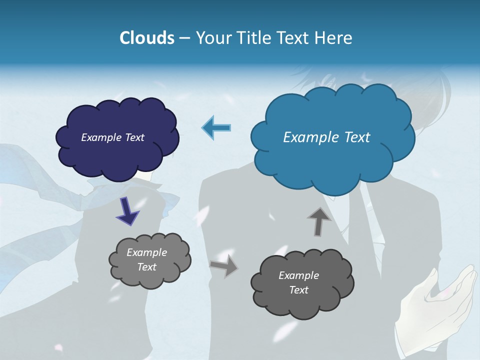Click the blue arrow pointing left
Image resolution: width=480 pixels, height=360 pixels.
(216, 127)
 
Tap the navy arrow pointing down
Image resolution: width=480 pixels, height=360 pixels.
(127, 211)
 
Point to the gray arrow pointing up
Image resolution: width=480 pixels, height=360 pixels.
(319, 221)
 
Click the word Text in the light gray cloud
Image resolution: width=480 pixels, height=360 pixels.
(147, 267)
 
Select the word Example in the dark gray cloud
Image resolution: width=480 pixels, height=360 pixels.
(298, 275)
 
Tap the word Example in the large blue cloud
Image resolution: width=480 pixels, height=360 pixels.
(309, 137)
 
